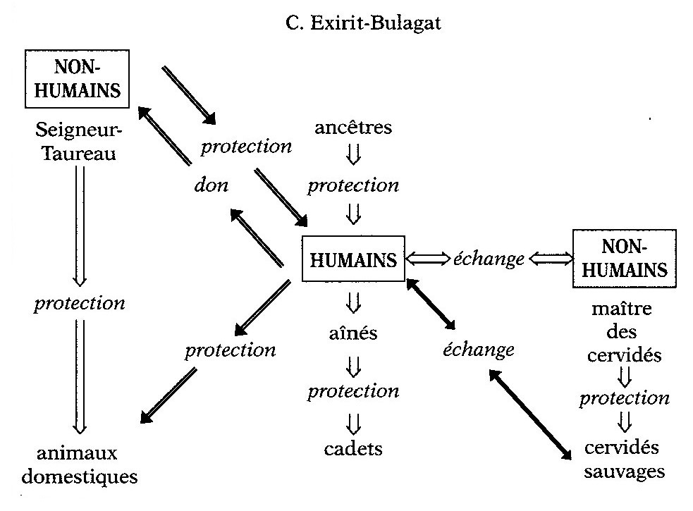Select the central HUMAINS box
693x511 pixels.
tap(353, 259)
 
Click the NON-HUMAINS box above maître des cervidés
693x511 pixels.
tap(620, 259)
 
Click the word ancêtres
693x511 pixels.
tap(352, 128)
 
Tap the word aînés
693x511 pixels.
tap(353, 333)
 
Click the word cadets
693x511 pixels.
tap(353, 448)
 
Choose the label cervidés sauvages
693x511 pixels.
tap(624, 459)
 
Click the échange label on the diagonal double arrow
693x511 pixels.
tap(478, 349)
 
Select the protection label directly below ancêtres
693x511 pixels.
tap(353, 185)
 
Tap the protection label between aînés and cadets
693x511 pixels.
tap(353, 390)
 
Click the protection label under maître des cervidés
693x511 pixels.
tap(624, 398)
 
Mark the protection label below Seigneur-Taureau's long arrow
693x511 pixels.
tap(79, 303)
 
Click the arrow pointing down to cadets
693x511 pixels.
tap(353, 421)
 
